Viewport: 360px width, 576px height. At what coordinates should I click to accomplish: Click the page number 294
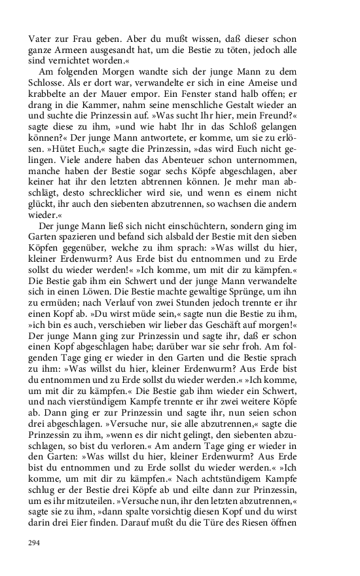coord(34,543)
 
